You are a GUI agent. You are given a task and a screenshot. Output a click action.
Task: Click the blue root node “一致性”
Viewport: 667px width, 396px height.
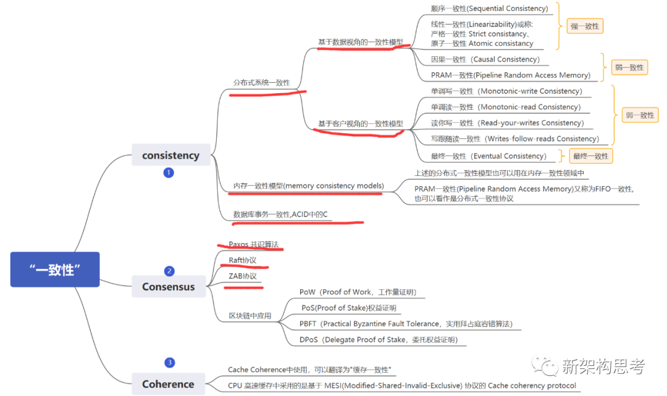pos(55,270)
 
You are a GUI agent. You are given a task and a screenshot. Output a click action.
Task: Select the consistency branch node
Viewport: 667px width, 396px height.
pos(170,155)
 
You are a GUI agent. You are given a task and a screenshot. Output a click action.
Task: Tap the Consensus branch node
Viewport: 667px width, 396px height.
pos(168,286)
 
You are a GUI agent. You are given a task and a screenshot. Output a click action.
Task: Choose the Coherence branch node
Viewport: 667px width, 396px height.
pos(168,384)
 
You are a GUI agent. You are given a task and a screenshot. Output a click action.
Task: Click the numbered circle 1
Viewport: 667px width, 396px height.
pos(169,173)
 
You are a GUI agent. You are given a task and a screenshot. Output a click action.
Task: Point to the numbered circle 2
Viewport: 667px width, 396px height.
pos(169,271)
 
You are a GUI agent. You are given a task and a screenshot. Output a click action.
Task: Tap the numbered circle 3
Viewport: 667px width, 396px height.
pos(169,363)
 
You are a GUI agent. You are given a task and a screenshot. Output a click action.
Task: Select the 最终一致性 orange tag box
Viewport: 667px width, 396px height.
pos(590,156)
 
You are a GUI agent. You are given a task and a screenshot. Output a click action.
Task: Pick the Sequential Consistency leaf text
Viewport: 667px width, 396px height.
pos(489,9)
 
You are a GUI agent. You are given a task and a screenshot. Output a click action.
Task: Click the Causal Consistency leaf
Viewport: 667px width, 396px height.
pos(485,59)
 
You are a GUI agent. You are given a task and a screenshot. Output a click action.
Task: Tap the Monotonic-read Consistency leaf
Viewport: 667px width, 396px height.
pos(506,107)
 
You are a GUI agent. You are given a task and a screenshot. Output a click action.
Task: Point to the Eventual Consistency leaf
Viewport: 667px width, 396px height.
pos(489,156)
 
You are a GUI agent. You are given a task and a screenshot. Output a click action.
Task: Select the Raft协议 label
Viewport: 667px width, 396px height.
pos(242,260)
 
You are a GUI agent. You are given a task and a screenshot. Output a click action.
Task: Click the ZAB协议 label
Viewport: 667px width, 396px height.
pos(242,276)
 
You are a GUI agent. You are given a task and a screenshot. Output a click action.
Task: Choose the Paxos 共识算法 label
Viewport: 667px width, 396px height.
pos(253,244)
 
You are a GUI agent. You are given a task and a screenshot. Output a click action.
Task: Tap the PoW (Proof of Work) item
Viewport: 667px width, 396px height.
pos(357,292)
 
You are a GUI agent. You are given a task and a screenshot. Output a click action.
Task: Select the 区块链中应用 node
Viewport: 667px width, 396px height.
pos(250,316)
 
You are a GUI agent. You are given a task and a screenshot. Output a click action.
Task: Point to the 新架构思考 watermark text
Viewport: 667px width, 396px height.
pos(603,367)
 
